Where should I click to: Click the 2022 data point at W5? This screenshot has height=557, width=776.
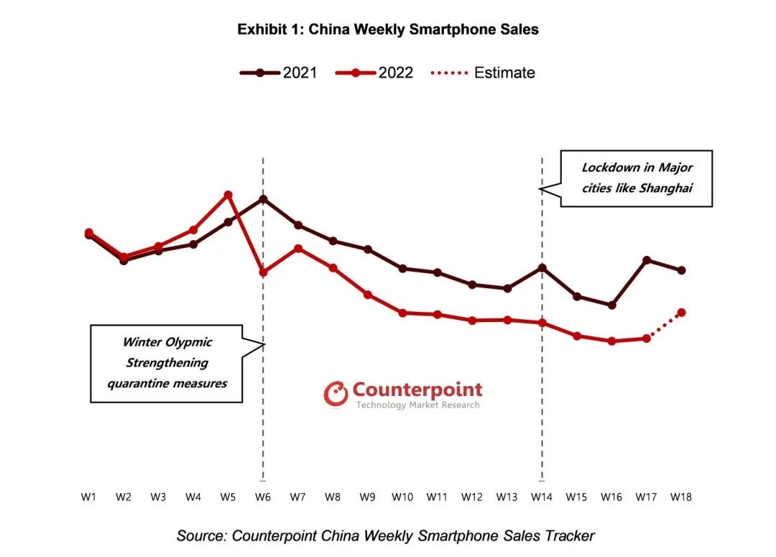click(228, 195)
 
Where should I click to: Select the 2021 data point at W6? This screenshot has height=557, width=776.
click(263, 199)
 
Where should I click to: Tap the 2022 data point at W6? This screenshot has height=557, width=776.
click(263, 272)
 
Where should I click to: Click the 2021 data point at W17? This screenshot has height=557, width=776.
click(647, 259)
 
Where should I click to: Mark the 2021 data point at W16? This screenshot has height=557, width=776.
click(611, 305)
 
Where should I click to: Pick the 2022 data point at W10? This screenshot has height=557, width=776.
click(402, 313)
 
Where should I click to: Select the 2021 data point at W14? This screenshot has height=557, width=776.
click(542, 268)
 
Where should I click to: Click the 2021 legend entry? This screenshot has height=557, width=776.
click(278, 73)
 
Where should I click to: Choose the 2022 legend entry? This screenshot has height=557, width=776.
click(374, 73)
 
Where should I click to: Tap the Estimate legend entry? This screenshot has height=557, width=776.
click(482, 73)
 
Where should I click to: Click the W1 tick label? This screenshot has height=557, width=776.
click(88, 497)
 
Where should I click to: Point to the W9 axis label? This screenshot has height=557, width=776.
click(367, 497)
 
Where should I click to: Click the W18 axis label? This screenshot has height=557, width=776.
click(681, 497)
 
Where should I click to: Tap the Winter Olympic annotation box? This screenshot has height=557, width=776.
click(167, 363)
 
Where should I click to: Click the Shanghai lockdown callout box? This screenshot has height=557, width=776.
click(637, 178)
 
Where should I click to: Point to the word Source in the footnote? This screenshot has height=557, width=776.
click(200, 535)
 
